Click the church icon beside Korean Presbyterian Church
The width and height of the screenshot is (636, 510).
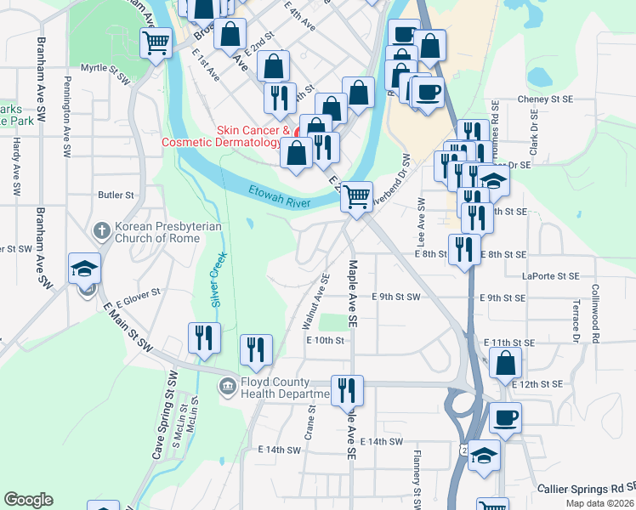point(101,230)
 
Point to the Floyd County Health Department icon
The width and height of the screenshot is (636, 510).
point(227,388)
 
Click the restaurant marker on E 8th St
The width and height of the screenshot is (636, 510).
point(463,248)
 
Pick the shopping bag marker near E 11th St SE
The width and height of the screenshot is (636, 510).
point(505,362)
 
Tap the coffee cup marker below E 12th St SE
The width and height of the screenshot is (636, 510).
point(506,417)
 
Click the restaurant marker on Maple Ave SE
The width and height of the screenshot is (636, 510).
point(346,390)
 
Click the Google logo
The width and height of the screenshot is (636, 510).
point(29,500)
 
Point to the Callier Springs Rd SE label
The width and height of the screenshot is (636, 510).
point(586,489)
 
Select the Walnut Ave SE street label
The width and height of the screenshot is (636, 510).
point(321,301)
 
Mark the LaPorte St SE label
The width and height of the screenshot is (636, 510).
point(551,276)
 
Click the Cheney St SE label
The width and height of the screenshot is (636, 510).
point(548,99)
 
